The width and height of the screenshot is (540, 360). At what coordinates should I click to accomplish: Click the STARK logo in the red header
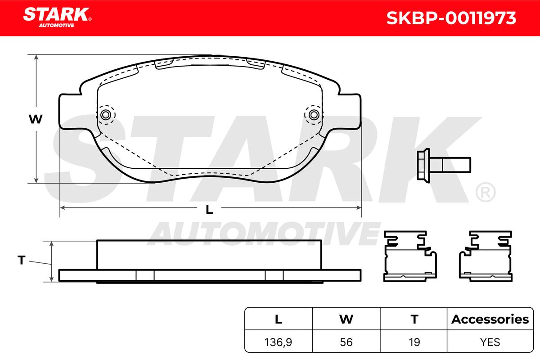click(57, 17)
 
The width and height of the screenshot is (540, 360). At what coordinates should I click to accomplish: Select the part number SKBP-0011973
click(451, 18)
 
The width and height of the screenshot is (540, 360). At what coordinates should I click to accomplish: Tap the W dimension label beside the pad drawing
click(36, 119)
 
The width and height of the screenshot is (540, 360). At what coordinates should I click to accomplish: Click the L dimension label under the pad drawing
click(209, 210)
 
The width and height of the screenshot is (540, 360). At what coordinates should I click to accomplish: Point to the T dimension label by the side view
click(22, 260)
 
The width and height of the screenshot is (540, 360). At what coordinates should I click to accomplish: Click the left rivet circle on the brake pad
click(106, 115)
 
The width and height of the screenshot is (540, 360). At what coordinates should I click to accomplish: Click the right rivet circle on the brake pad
click(314, 115)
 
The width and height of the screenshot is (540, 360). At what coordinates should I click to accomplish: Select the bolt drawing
click(444, 166)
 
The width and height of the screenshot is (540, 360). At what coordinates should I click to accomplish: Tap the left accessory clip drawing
click(410, 256)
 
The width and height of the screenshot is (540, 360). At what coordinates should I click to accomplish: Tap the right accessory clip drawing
click(486, 256)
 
